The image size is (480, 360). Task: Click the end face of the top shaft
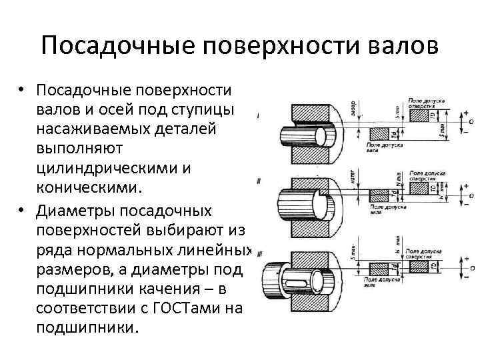click(x=319, y=137)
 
